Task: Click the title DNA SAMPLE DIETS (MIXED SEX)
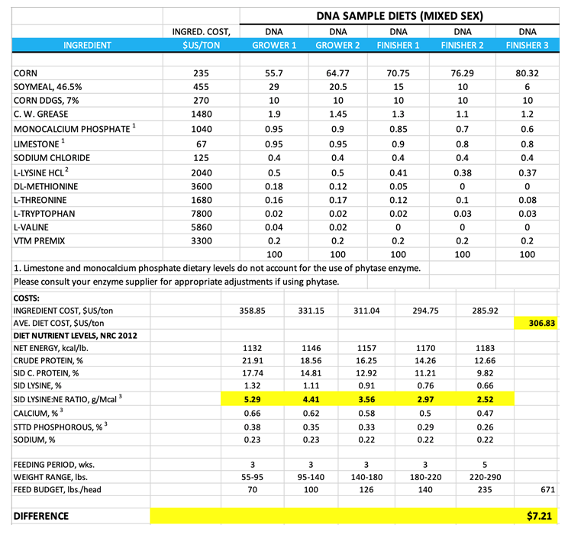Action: [399, 15]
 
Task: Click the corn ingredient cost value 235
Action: [202, 73]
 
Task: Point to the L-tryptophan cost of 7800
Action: [202, 214]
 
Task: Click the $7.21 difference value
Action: [541, 516]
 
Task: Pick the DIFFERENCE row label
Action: [41, 516]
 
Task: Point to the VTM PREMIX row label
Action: [40, 241]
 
